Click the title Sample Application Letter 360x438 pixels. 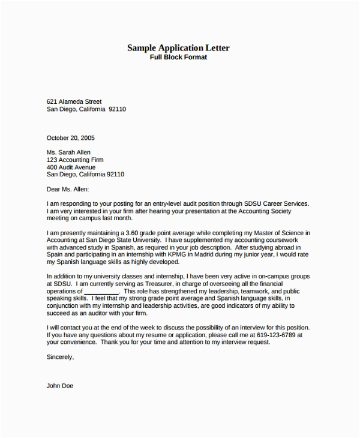click(178, 47)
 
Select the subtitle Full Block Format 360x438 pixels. click(178, 57)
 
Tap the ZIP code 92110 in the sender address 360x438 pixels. click(117, 109)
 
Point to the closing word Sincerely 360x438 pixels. click(60, 357)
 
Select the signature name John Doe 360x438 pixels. click(60, 386)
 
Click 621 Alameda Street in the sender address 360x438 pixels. click(74, 102)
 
